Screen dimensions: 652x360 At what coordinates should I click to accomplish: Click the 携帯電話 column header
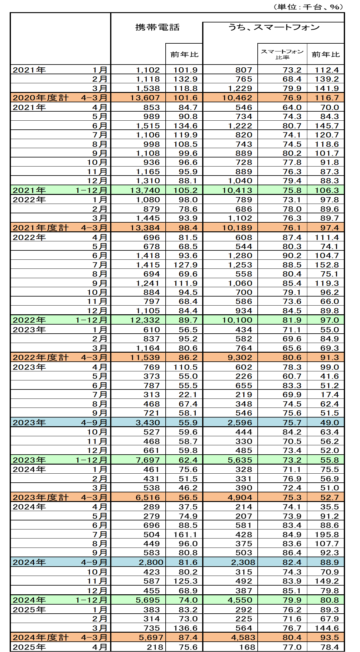157,27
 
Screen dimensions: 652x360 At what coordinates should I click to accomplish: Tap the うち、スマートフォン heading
274,27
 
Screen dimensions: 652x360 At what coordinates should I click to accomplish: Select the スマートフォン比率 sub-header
282,54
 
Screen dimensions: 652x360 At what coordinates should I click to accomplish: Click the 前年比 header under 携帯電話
184,55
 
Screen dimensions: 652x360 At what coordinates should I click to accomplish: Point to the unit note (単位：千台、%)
308,7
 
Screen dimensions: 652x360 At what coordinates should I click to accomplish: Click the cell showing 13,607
145,98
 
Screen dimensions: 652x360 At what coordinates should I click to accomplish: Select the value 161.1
185,534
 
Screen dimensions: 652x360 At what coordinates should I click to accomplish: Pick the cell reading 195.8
327,534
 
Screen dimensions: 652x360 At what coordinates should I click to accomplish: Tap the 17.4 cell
329,394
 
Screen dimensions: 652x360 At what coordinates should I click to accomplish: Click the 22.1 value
188,394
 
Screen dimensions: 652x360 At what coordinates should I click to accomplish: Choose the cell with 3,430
148,423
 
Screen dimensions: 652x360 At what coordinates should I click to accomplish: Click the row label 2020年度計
41,98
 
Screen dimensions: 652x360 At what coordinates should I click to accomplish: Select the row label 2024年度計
41,637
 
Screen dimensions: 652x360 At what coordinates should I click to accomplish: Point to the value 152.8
327,265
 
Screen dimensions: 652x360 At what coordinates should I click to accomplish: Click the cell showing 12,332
145,320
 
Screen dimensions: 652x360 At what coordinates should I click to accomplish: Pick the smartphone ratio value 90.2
292,256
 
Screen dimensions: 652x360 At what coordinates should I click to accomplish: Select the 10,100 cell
237,320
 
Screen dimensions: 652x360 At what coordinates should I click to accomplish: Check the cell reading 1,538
148,89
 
